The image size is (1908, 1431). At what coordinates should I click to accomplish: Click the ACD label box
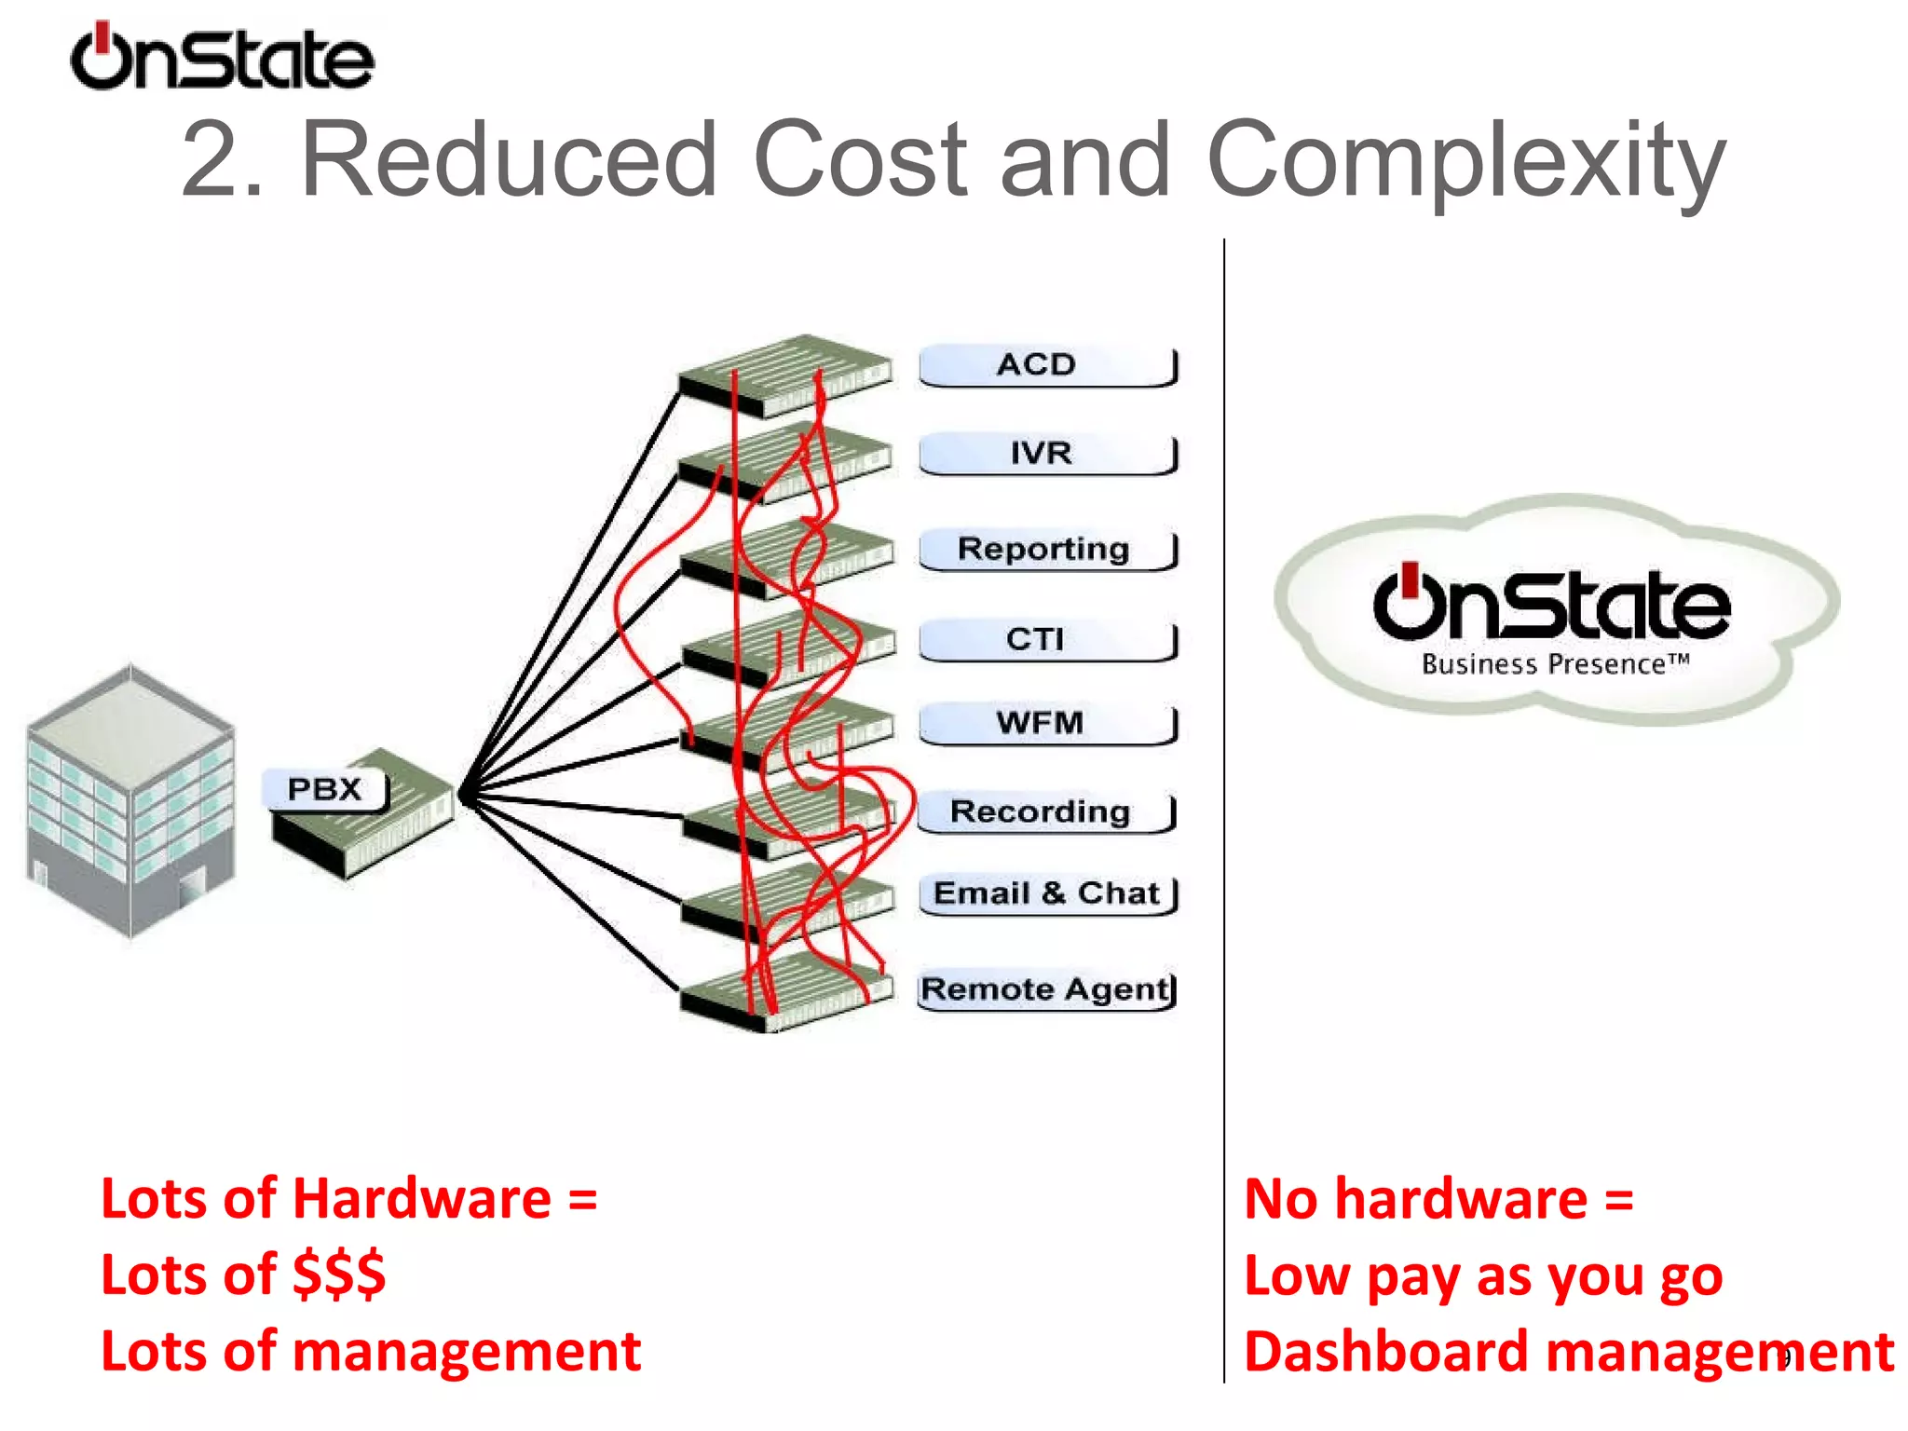[1046, 365]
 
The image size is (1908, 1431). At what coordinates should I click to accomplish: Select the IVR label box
[1046, 454]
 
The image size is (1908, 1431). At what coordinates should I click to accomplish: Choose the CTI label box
[1046, 639]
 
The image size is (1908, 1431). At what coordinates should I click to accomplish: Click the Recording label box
[1044, 811]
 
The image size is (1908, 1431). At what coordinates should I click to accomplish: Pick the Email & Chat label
[1047, 893]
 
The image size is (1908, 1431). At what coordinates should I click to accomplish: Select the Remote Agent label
[1046, 989]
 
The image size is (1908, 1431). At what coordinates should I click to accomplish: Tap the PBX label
[324, 790]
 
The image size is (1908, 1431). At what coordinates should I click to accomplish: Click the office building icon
[130, 801]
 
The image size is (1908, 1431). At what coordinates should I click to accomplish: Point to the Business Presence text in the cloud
[1554, 664]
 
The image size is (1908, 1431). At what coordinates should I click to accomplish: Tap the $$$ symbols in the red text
[339, 1274]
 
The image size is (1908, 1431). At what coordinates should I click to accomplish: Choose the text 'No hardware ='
[1439, 1199]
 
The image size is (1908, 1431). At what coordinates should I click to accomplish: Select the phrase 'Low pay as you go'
[1483, 1276]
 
